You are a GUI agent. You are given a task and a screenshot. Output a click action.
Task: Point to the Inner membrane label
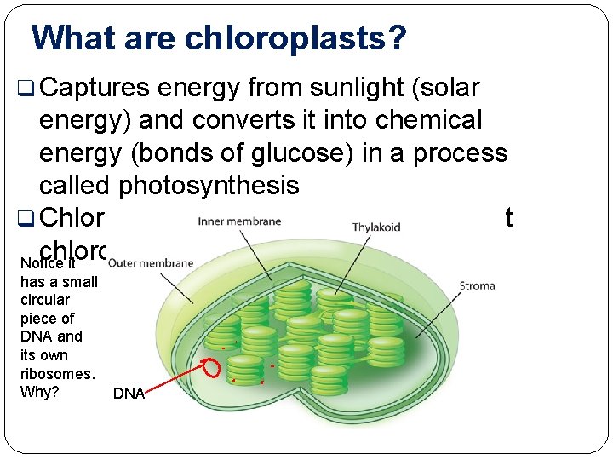239,222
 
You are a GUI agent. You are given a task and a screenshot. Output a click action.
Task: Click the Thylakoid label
376,227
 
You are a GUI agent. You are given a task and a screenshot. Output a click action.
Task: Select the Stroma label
477,285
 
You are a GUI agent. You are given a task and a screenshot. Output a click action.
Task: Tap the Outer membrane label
151,262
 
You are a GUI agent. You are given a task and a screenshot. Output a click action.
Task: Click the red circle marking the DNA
211,369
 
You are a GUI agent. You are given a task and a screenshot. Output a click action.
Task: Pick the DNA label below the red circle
129,394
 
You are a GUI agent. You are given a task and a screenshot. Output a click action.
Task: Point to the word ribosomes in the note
57,373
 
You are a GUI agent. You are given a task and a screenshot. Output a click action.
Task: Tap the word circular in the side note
45,300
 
